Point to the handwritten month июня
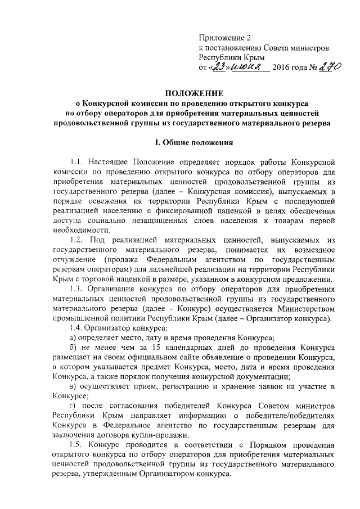coord(247,68)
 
